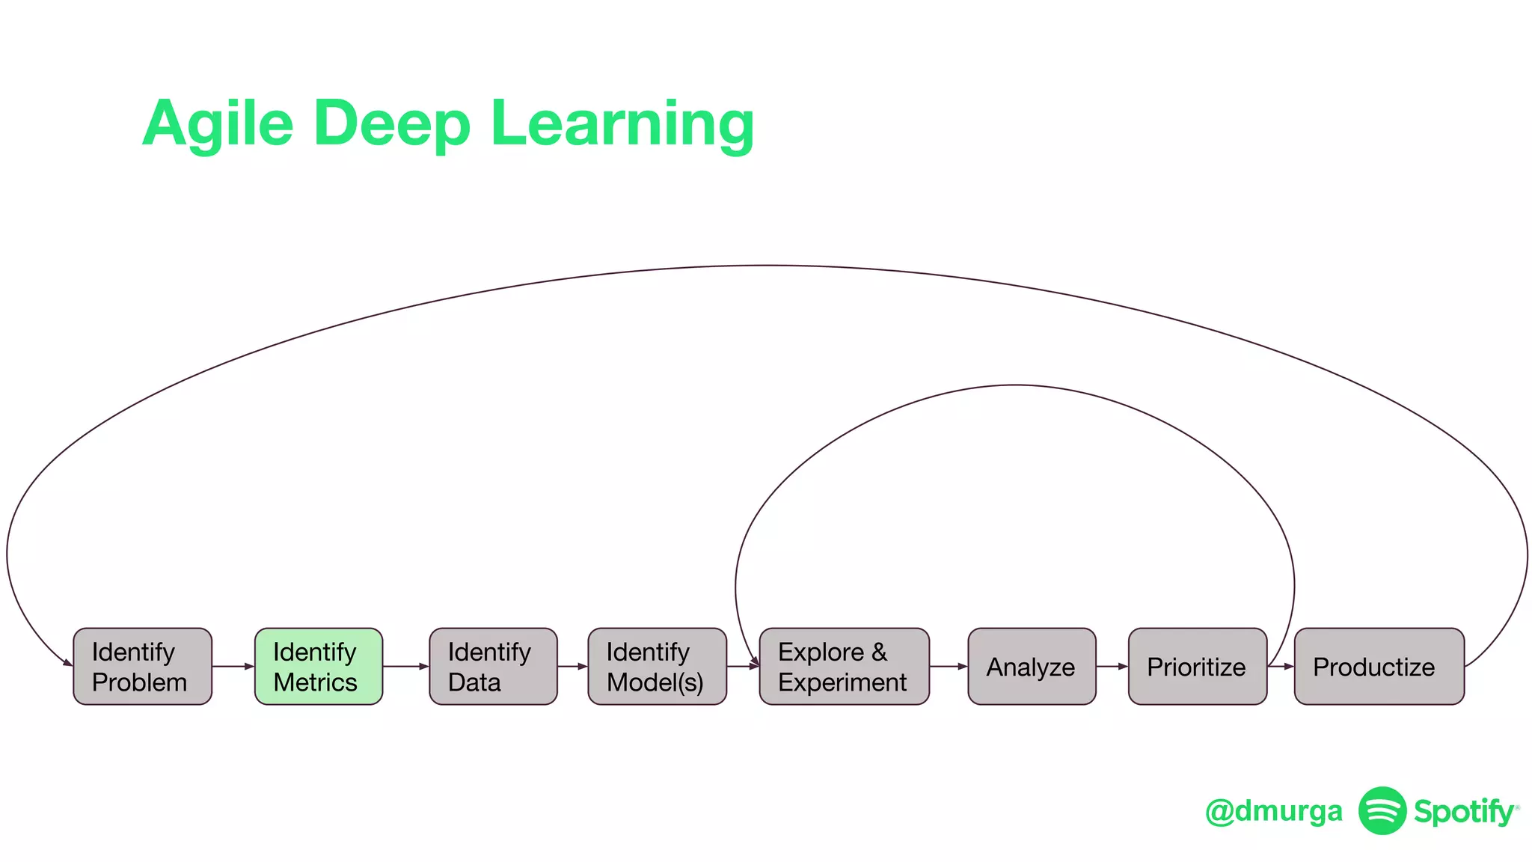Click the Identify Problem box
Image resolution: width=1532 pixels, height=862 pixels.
click(142, 666)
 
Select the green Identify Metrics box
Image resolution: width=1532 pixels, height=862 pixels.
click(319, 666)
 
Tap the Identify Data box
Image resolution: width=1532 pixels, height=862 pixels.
click(493, 666)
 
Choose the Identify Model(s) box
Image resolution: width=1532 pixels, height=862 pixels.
click(657, 666)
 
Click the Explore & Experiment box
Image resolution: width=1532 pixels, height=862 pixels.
click(844, 666)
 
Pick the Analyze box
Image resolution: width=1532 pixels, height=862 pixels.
click(1032, 666)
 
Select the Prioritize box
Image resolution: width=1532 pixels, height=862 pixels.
click(1197, 666)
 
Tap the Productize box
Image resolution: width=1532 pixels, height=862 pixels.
click(1379, 666)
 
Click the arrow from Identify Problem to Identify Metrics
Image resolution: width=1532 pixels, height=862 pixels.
click(233, 666)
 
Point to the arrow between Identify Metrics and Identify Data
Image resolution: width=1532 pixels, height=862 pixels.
click(405, 666)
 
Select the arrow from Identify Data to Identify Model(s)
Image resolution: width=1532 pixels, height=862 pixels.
click(572, 666)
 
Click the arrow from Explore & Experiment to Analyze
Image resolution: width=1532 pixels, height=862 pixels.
click(949, 666)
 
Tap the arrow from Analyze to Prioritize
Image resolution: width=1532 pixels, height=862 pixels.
click(1112, 666)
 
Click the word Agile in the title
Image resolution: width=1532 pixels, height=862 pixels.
click(218, 123)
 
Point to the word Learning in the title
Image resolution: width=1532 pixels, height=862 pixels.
click(622, 123)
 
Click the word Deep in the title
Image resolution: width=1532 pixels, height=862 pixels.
click(392, 123)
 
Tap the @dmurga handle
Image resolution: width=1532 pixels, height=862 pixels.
click(1273, 811)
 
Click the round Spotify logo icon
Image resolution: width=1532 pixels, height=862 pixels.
click(1382, 810)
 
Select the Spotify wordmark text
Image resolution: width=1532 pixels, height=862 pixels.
click(1464, 812)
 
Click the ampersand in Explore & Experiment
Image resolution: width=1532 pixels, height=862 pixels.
click(879, 652)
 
